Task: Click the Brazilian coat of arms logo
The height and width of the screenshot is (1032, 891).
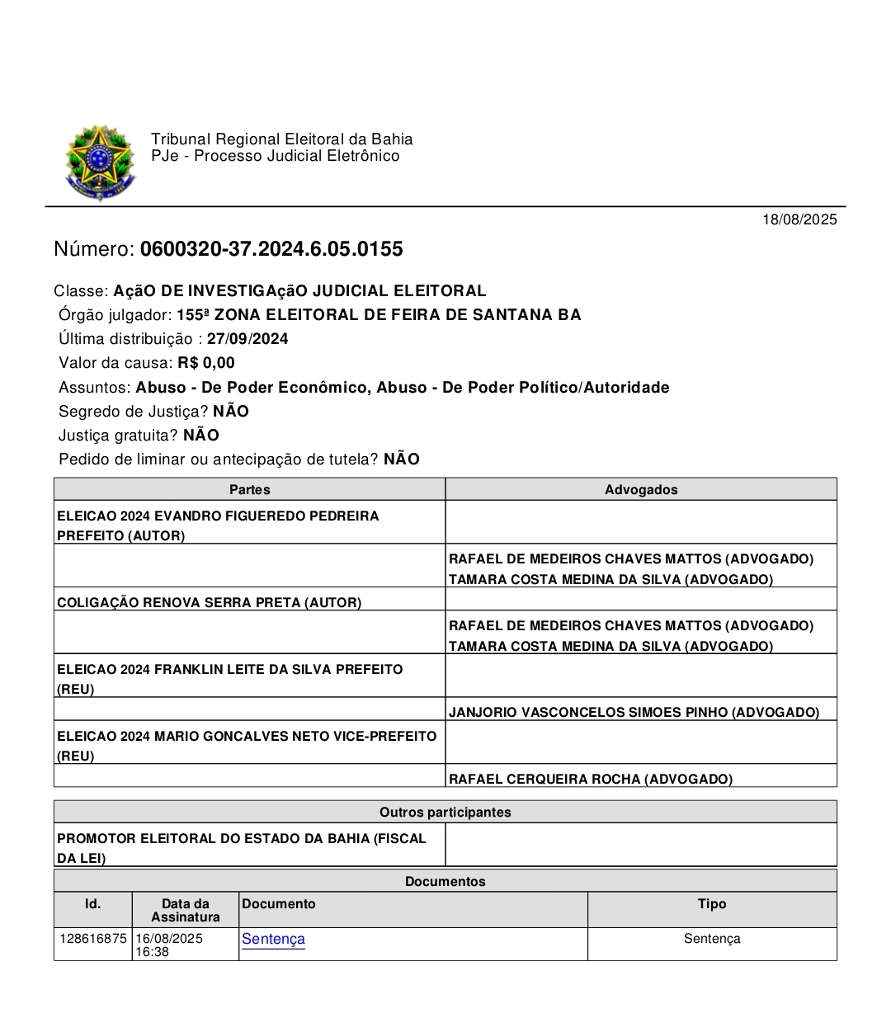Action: point(99,163)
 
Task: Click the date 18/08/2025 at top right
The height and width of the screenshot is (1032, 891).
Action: point(799,219)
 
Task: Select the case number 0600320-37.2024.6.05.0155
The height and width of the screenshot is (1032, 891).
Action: point(271,249)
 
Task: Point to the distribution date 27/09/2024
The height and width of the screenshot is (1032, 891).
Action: point(247,339)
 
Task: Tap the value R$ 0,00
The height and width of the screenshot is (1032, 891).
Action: point(206,363)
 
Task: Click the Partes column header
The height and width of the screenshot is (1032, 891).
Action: point(249,489)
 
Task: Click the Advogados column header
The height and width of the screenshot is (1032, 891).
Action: point(641,489)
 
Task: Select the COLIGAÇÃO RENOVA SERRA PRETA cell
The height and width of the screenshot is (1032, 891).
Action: point(209,602)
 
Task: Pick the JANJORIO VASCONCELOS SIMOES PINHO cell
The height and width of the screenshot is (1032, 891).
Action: point(634,712)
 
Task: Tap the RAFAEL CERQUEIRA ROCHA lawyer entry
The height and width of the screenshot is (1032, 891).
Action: point(590,779)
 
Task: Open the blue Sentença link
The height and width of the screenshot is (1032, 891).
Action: point(273,939)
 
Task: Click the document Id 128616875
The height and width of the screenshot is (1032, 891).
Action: point(93,939)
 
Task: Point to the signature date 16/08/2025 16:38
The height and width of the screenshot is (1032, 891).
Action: point(169,945)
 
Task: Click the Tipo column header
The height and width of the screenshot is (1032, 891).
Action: point(712,904)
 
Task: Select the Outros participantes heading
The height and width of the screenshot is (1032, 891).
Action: point(445,812)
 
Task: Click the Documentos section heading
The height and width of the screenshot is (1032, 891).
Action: point(445,881)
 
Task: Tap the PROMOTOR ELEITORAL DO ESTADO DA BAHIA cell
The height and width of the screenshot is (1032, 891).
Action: point(241,847)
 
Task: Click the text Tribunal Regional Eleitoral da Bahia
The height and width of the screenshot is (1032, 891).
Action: point(281,139)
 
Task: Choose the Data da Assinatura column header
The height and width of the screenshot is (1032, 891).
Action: point(186,910)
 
